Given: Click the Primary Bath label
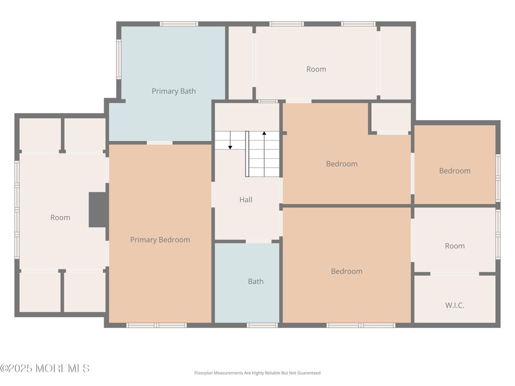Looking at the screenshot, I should [173, 91].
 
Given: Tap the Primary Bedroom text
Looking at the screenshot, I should [160, 240].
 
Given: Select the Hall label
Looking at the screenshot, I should [246, 200].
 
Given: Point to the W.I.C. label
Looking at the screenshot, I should [454, 305].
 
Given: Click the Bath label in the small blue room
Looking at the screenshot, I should [256, 282].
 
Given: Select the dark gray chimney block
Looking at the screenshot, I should [98, 210].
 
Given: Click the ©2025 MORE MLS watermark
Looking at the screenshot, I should [45, 369].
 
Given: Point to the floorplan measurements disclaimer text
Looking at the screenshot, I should [257, 373].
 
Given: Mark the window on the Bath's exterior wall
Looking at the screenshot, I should [262, 326].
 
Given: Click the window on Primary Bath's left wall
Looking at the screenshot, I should [119, 59].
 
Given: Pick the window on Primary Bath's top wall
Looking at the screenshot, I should [179, 24].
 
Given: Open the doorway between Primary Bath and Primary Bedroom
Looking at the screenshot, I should [159, 143].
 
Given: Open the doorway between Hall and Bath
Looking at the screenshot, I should [258, 241].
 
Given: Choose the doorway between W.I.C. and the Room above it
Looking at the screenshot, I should [454, 274].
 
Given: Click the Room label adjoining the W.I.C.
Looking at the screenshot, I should [454, 246].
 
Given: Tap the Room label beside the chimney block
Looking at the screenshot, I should [60, 217].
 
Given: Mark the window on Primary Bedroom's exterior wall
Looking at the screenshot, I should [157, 326].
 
